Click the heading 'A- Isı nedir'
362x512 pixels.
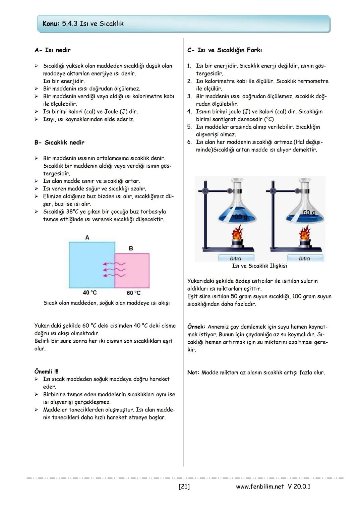pyautogui.click(x=53, y=50)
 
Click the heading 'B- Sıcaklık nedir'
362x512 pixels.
pyautogui.click(x=59, y=143)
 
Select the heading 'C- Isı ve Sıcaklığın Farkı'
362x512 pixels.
pyautogui.click(x=225, y=50)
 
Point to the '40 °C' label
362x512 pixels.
pyautogui.click(x=90, y=293)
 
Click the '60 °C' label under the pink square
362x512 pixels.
pyautogui.click(x=133, y=293)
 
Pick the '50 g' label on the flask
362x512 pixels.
pyautogui.click(x=309, y=213)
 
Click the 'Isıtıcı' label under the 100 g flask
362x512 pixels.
pyautogui.click(x=236, y=259)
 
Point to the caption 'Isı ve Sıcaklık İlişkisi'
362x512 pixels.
pyautogui.click(x=259, y=266)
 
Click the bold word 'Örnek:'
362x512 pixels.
pyautogui.click(x=196, y=327)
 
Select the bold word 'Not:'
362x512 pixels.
pyautogui.click(x=193, y=373)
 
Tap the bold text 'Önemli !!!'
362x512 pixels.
pyautogui.click(x=46, y=372)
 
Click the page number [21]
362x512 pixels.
pyautogui.click(x=184, y=487)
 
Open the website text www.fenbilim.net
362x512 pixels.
pyautogui.click(x=260, y=487)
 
